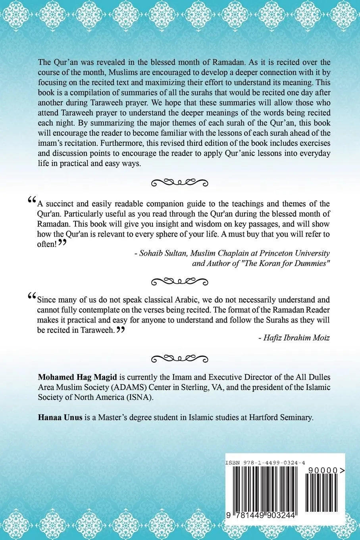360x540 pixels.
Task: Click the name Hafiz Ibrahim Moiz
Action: pyautogui.click(x=294, y=337)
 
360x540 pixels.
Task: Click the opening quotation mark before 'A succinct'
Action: pyautogui.click(x=32, y=200)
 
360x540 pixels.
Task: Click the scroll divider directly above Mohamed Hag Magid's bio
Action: pyautogui.click(x=180, y=358)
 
